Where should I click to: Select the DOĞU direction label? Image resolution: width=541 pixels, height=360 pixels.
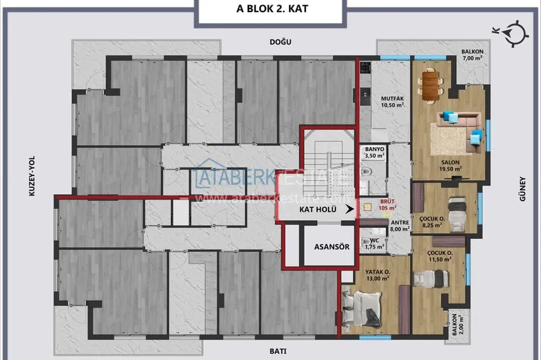(x=281, y=42)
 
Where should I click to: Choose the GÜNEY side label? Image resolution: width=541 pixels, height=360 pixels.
(x=521, y=189)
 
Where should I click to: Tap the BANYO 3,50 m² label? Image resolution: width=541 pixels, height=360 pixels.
(x=374, y=152)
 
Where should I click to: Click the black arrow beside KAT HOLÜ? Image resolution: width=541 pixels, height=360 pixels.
(x=347, y=208)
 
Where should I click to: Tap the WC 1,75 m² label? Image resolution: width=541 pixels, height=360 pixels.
(x=377, y=244)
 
